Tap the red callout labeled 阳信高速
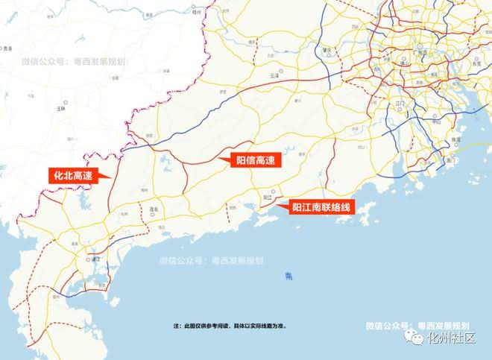coord(256,160)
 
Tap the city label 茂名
coord(154,209)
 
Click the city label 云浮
coord(274,76)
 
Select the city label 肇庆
coord(327,51)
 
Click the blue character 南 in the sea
coord(289,277)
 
